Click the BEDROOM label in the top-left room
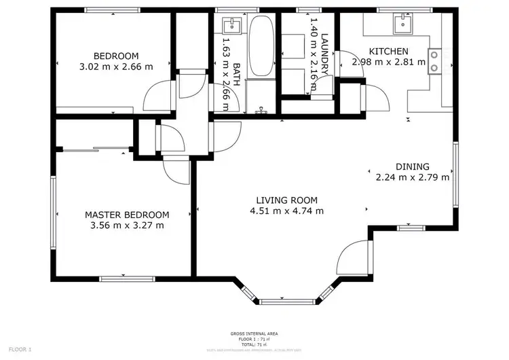[x=116, y=56]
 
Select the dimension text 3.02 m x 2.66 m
[x=116, y=67]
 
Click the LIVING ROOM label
[x=286, y=200]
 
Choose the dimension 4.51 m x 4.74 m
[x=286, y=211]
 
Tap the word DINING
[x=413, y=166]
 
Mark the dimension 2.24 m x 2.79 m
[x=413, y=178]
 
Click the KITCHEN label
[x=388, y=52]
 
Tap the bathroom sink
[x=232, y=26]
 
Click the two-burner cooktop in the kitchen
[x=433, y=60]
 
